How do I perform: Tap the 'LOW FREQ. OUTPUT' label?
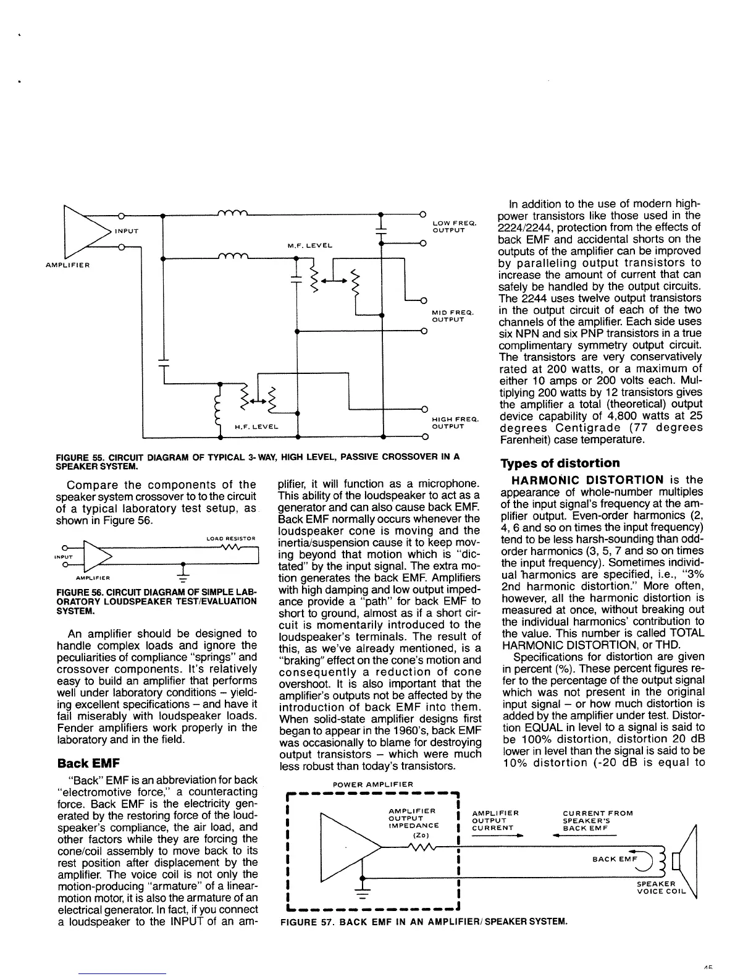pyautogui.click(x=453, y=227)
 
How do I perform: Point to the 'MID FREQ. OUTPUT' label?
pyautogui.click(x=453, y=317)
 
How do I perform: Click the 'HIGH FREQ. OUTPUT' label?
pyautogui.click(x=452, y=423)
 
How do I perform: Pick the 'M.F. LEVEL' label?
pyautogui.click(x=309, y=245)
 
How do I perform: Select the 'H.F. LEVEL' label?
pyautogui.click(x=256, y=427)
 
